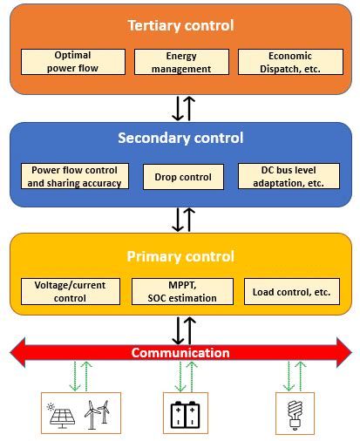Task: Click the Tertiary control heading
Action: point(180,25)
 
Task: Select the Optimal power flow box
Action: point(71,61)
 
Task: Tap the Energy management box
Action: point(180,61)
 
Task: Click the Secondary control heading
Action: point(180,138)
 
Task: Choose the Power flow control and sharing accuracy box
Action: point(75,176)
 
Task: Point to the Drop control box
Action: point(183,177)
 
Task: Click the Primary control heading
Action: point(180,256)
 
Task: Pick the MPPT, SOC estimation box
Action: point(183,291)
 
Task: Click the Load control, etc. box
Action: point(291,291)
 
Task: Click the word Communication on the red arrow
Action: point(180,353)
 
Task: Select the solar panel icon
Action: point(63,414)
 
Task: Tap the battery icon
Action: point(185,413)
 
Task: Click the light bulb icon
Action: point(295,413)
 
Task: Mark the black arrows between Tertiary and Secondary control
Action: point(183,107)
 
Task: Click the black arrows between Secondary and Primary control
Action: point(183,219)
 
